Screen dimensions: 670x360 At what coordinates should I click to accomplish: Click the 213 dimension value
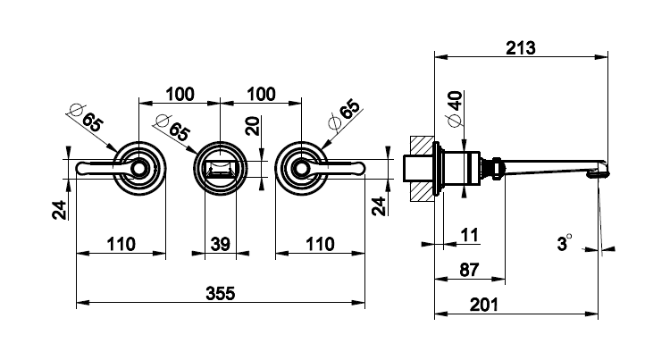point(521,48)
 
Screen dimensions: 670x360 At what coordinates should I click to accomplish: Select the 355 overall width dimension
point(221,293)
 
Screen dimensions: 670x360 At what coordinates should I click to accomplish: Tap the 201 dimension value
point(483,305)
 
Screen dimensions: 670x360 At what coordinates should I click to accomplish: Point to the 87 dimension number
point(469,270)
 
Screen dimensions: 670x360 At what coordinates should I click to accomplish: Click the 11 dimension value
point(469,235)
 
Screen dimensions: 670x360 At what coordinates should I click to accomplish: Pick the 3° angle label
point(564,243)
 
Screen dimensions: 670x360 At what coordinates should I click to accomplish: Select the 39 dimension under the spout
point(221,244)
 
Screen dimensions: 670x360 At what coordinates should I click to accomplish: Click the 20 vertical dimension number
point(253,126)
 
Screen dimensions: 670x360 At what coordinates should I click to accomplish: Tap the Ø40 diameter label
point(455,109)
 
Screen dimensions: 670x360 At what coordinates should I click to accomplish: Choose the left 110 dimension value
point(121,244)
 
